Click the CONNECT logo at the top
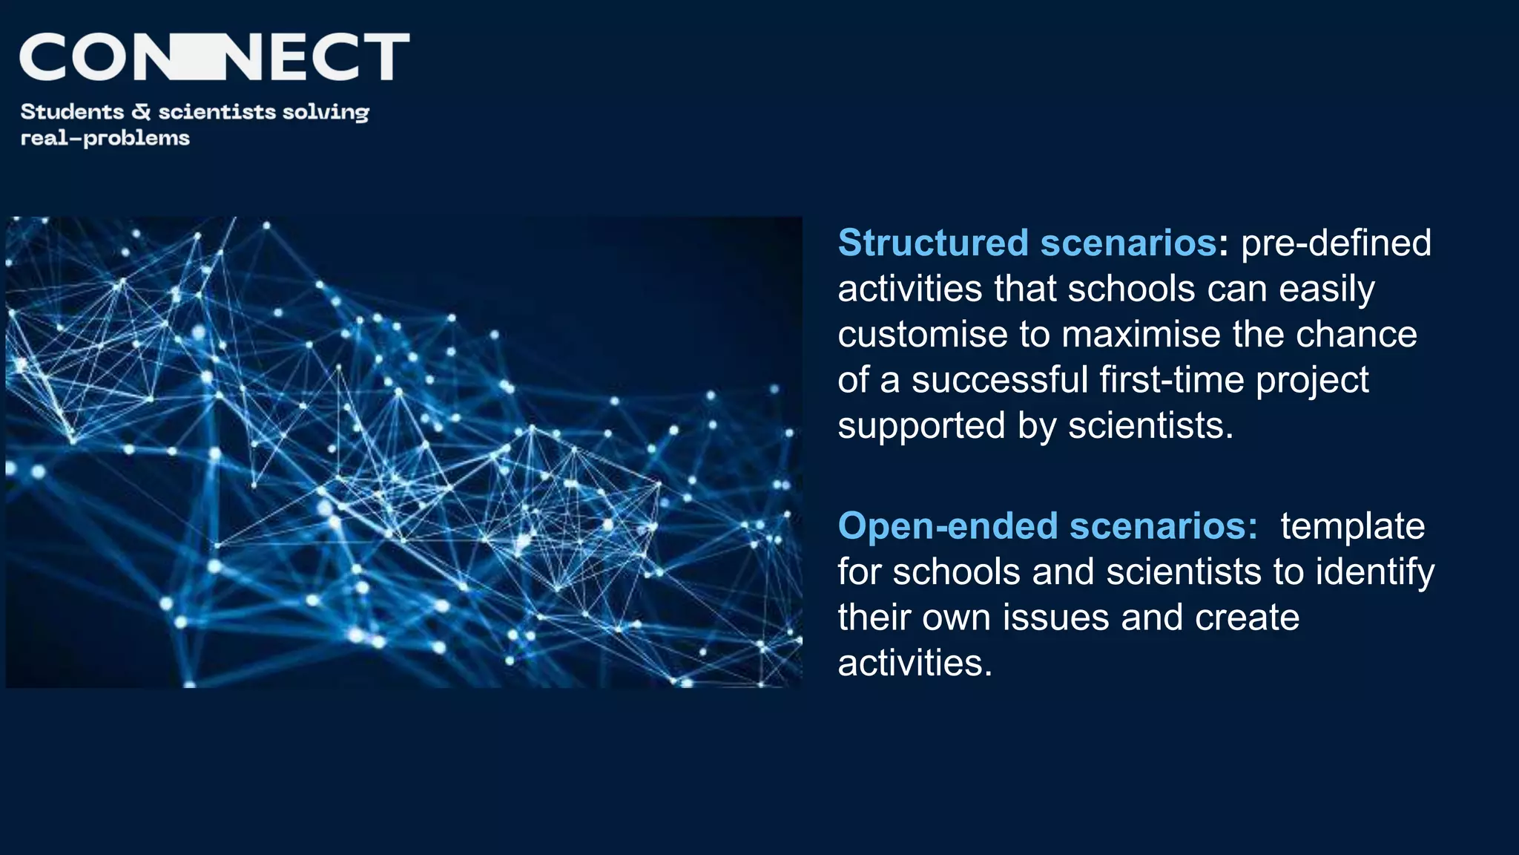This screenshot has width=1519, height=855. point(214,56)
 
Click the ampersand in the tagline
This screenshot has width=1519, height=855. point(141,111)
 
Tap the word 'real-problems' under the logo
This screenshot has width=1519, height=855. point(105,138)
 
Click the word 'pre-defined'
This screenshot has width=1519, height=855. point(1336,243)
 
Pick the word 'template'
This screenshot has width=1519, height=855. point(1352,526)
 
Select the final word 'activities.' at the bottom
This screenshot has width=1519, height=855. point(915,663)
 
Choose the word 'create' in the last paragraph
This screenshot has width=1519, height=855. point(1247,617)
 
